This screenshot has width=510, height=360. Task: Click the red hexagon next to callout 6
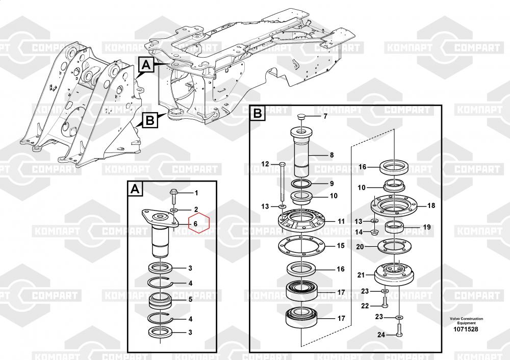(200, 223)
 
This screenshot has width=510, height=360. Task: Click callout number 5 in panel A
(190, 299)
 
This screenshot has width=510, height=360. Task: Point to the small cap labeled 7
(300, 117)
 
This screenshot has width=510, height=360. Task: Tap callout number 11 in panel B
(341, 221)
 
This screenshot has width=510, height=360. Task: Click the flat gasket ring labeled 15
(302, 247)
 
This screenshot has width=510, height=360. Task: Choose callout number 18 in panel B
(431, 206)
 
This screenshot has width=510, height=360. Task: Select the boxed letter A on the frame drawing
(145, 65)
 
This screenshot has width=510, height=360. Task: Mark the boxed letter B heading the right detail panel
(258, 113)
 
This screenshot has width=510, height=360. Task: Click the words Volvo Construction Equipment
(466, 321)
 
